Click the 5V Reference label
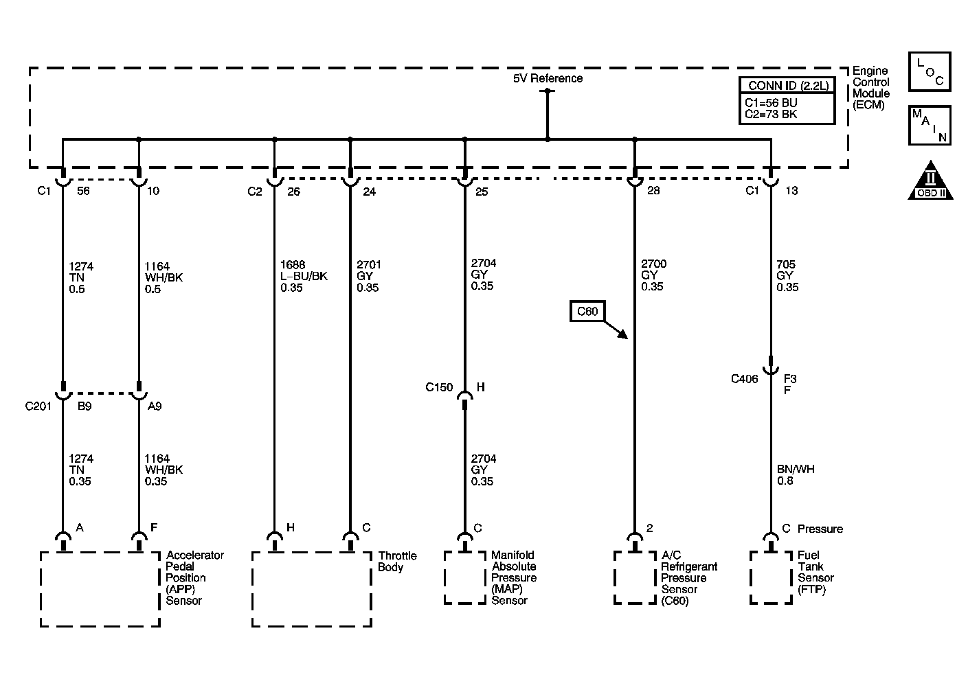[x=548, y=78]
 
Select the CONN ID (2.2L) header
[x=788, y=86]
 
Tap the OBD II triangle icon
[x=930, y=181]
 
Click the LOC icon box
[x=930, y=71]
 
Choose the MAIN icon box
[x=930, y=126]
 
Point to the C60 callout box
[x=587, y=311]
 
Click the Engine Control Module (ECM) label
[x=871, y=88]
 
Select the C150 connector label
[x=439, y=387]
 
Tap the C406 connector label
[x=744, y=379]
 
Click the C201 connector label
[x=38, y=406]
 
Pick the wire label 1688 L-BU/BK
[x=304, y=276]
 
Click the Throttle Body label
[x=397, y=562]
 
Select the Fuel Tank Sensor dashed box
[x=771, y=577]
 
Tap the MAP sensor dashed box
[x=465, y=577]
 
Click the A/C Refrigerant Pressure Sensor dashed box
[x=635, y=577]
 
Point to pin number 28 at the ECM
[x=653, y=191]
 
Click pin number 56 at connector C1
[x=83, y=192]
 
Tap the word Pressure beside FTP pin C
[x=820, y=529]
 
